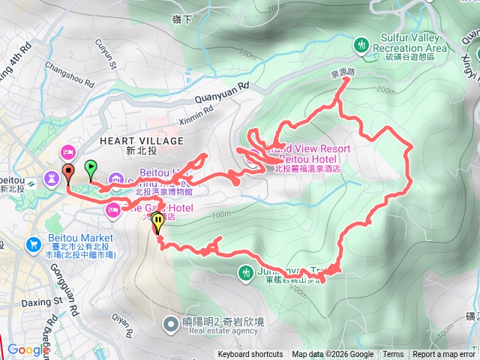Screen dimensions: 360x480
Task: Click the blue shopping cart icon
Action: [33, 244]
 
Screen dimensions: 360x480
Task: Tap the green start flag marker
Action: [91, 169]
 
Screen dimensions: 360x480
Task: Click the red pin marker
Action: [67, 172]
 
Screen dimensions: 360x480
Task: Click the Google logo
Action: [28, 349]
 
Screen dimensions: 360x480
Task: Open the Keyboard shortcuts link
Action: [250, 355]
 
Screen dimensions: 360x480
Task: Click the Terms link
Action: [393, 355]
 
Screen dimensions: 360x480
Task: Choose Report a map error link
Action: [444, 355]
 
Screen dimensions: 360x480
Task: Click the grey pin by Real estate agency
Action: [171, 324]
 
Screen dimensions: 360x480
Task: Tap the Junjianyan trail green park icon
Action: [246, 274]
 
